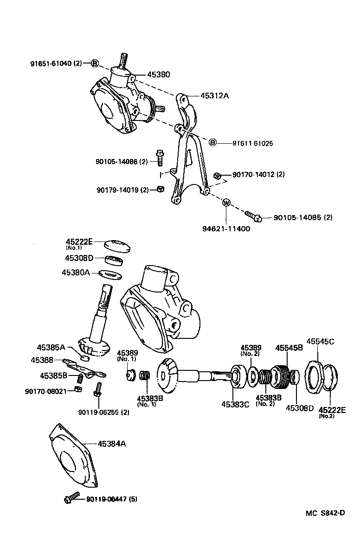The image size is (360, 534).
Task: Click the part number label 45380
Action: point(159,74)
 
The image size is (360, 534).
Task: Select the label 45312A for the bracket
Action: point(215,96)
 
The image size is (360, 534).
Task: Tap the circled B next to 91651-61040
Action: point(94,63)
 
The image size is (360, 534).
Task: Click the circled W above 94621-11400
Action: point(226,203)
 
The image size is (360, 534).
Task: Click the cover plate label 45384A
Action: point(112,444)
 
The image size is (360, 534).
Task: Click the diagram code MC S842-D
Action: point(325,513)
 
